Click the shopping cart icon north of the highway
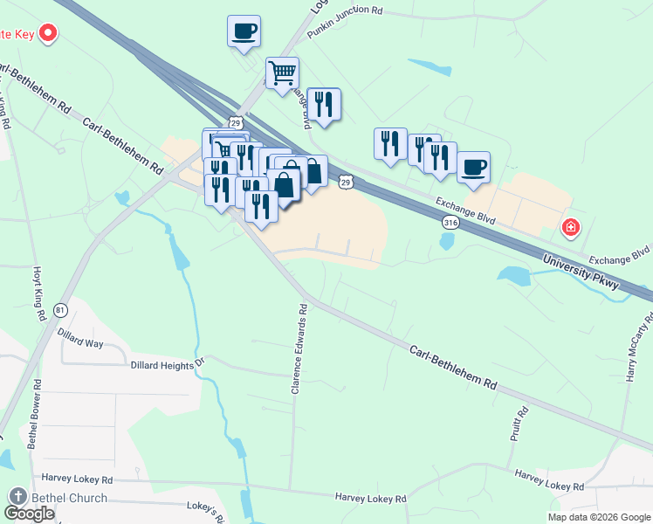(282, 73)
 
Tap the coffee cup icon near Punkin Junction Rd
(244, 31)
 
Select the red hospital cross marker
(571, 228)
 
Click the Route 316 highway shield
(450, 223)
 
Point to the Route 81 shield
(60, 310)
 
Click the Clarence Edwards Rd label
(298, 348)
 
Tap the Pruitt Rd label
(521, 423)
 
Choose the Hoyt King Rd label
(38, 294)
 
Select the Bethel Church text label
(69, 498)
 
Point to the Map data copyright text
(599, 517)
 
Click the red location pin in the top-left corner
(48, 35)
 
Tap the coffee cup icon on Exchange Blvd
(473, 167)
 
